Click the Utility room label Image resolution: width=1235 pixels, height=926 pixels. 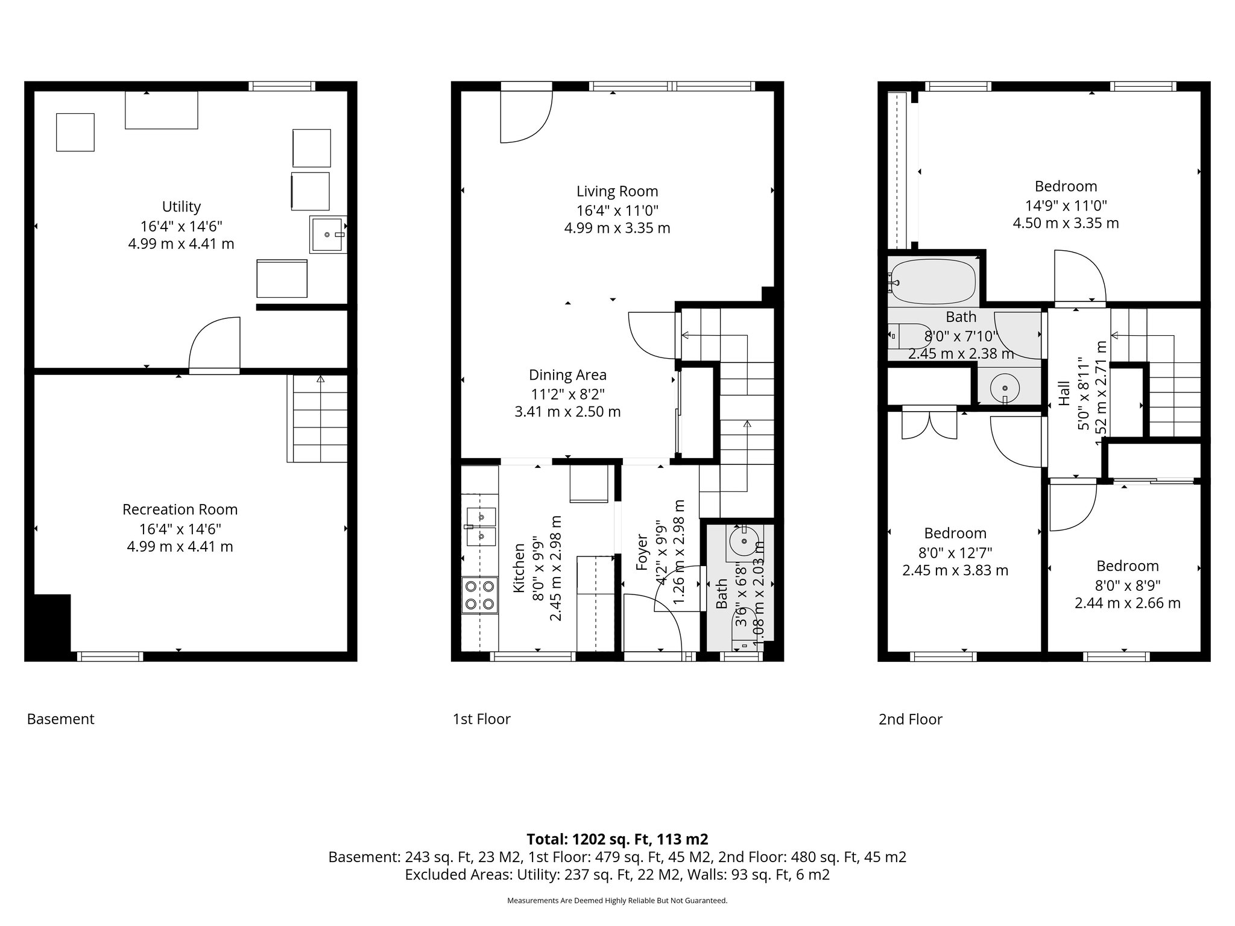click(x=181, y=207)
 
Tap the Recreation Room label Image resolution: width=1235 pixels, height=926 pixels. click(x=180, y=509)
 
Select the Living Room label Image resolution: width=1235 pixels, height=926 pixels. click(x=617, y=191)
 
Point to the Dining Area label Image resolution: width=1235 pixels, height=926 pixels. click(x=567, y=375)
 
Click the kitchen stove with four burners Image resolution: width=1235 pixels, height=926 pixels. click(x=480, y=595)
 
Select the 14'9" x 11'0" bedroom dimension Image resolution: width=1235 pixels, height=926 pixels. click(x=1066, y=205)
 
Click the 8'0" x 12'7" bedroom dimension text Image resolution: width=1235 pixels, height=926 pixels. click(x=955, y=552)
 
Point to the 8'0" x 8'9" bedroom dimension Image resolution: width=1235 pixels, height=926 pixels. click(x=1127, y=585)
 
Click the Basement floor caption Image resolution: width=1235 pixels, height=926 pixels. click(x=60, y=719)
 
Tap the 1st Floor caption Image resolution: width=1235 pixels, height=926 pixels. click(x=481, y=719)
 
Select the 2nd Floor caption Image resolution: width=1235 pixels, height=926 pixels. click(x=910, y=719)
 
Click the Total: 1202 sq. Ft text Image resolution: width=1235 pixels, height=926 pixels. click(x=617, y=839)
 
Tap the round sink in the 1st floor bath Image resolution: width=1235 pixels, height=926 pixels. click(x=745, y=541)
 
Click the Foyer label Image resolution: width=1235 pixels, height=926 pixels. click(x=642, y=552)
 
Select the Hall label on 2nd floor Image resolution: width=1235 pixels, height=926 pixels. click(x=1064, y=392)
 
